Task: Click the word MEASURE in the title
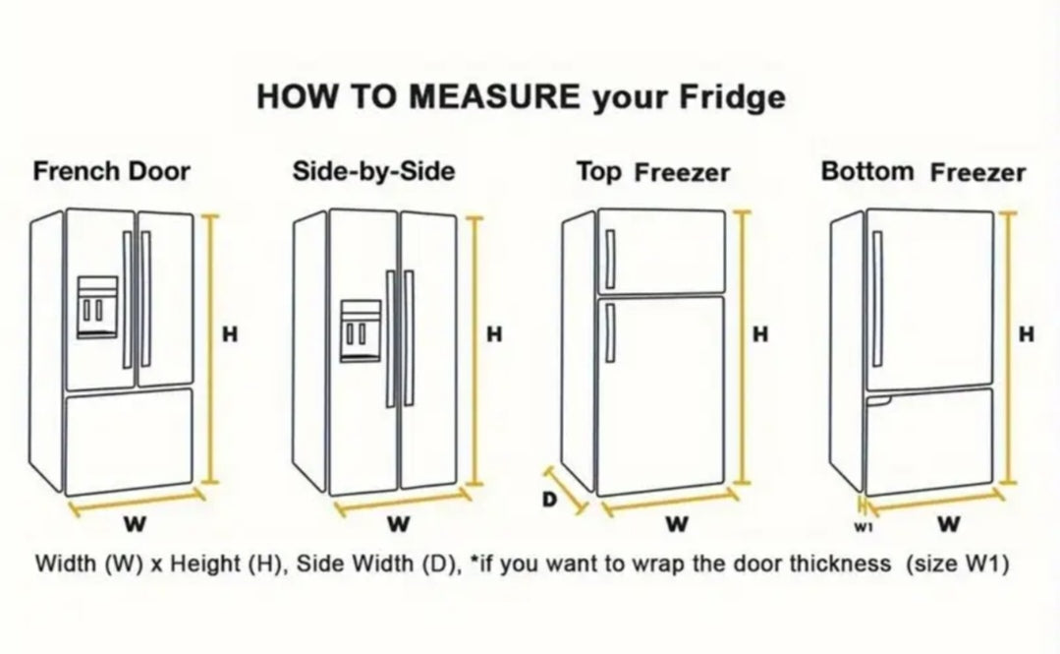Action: pos(494,96)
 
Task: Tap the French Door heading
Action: pos(112,171)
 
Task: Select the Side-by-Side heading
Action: pos(373,170)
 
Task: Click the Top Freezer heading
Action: pos(653,172)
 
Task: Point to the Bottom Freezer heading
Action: pos(922,172)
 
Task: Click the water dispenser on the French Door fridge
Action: pos(97,307)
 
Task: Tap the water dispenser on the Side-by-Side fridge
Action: pos(361,331)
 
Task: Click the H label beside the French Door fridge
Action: pos(230,333)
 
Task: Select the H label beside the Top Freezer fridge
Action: pos(760,333)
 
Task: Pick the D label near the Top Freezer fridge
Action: pos(549,500)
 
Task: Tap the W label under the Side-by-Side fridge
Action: pos(399,524)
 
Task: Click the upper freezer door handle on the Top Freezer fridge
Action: pos(610,260)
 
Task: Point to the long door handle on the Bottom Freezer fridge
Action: pos(877,299)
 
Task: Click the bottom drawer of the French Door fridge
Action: pos(129,441)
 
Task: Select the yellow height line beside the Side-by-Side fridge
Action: pos(475,351)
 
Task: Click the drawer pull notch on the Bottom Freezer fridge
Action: pos(878,400)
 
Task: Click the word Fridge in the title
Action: pos(732,97)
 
